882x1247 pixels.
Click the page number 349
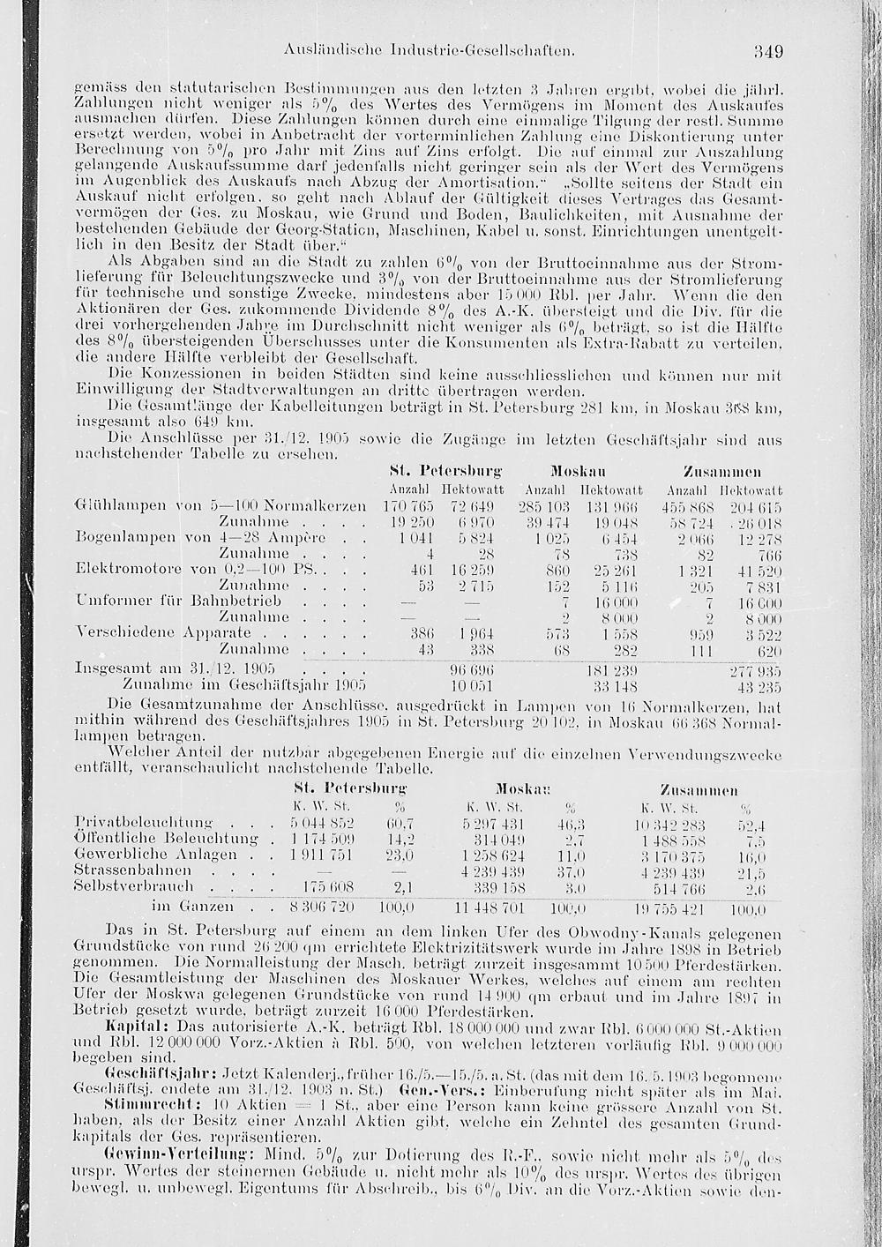point(768,51)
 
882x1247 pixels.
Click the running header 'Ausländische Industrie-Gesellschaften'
point(431,52)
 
